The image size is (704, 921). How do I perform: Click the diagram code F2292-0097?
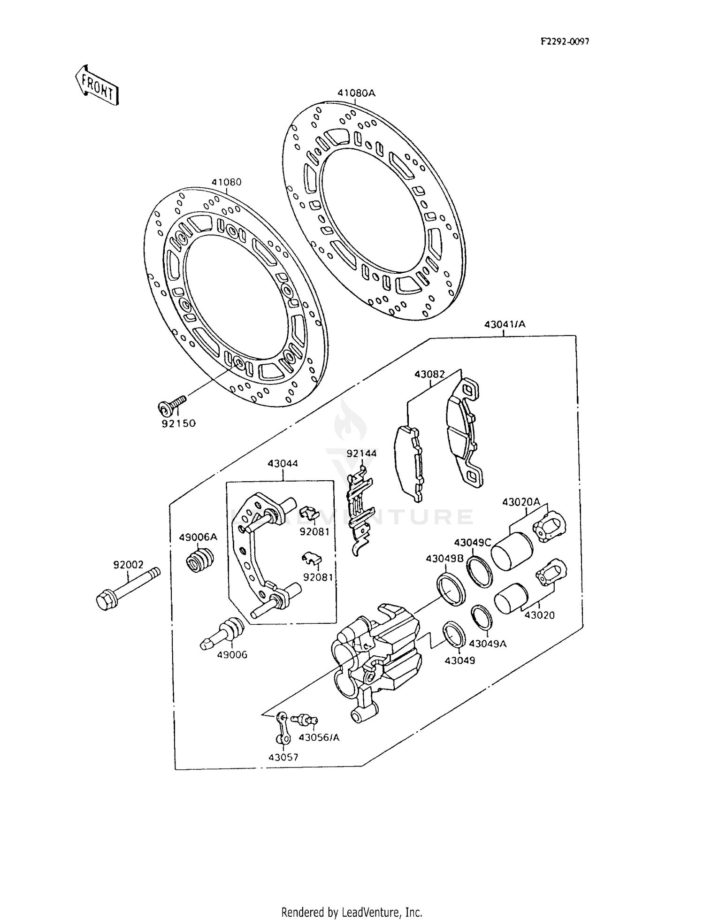(565, 41)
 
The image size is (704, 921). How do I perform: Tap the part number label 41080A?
(357, 93)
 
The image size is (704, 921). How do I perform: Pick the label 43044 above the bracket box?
(283, 464)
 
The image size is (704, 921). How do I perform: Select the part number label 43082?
(429, 374)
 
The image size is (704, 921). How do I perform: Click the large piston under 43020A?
(512, 552)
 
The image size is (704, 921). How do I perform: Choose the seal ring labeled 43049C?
(479, 570)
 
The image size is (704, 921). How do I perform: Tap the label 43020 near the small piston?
(539, 615)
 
